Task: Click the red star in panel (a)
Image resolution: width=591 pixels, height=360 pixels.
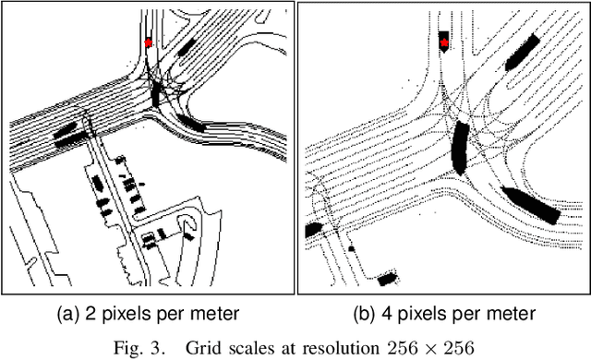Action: point(148,42)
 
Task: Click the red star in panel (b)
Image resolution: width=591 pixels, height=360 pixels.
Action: point(444,42)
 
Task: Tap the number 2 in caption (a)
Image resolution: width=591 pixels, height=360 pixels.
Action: point(90,314)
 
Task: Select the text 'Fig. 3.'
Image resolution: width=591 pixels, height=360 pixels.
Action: point(139,347)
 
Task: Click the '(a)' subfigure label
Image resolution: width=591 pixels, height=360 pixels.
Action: point(68,314)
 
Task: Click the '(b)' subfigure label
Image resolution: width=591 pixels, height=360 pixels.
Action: point(365,314)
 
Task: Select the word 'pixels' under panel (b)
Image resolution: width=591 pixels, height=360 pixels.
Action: point(419,314)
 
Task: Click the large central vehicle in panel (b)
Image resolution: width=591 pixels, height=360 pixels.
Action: point(461,148)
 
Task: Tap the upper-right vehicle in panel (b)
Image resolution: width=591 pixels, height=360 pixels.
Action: point(522,53)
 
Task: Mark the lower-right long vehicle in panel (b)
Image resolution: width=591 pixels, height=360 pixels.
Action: point(532,205)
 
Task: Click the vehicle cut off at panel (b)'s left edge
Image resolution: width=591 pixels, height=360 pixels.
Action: point(313,230)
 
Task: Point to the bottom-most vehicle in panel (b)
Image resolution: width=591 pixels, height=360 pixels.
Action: point(388,279)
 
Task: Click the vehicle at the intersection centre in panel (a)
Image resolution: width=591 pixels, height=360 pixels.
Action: point(156,94)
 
